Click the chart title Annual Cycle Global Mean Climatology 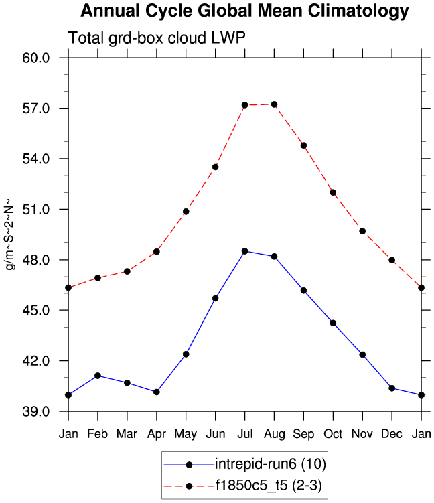click(244, 11)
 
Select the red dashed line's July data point click(244, 105)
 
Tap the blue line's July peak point click(244, 251)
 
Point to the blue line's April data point click(157, 392)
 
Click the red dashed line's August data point click(274, 104)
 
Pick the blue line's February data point click(98, 376)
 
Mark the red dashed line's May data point click(186, 212)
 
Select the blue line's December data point click(392, 388)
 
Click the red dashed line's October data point click(333, 192)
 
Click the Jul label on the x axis click(244, 434)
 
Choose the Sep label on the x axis click(303, 434)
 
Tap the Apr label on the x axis click(157, 434)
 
